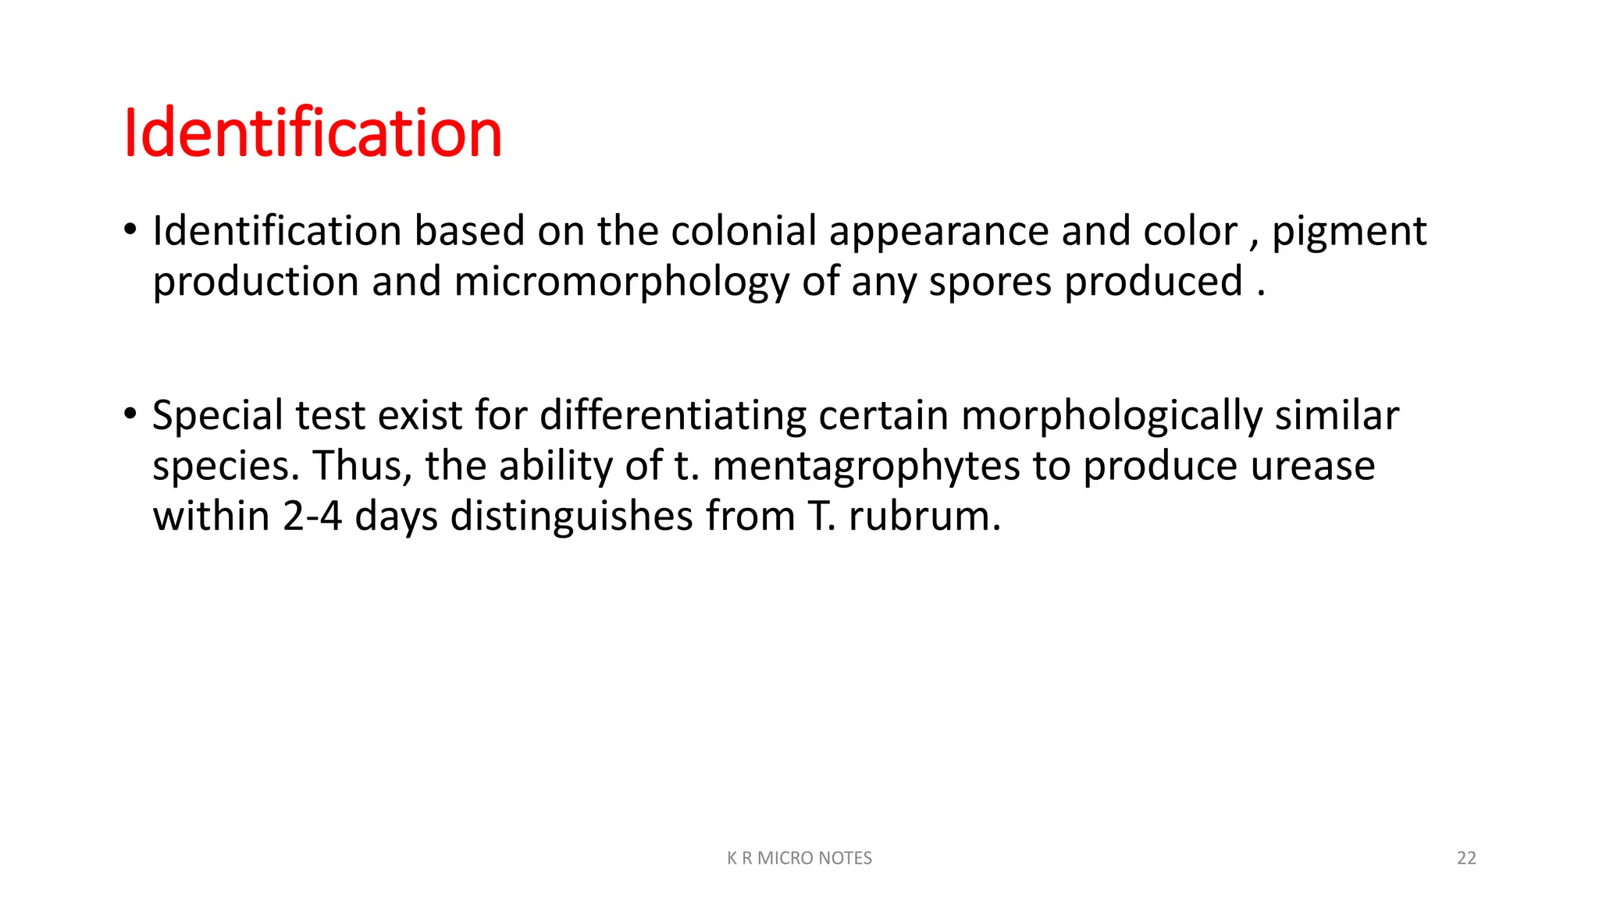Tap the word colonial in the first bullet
tap(743, 231)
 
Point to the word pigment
tap(1348, 233)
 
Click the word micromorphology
tap(621, 282)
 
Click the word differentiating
tap(672, 416)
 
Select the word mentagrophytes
tap(866, 467)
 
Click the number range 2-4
tap(312, 516)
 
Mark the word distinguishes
tap(572, 517)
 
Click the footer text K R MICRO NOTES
tap(799, 858)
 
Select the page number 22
tap(1466, 858)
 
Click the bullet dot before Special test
tap(130, 414)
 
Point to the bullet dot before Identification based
tap(130, 229)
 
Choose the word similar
tap(1336, 416)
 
